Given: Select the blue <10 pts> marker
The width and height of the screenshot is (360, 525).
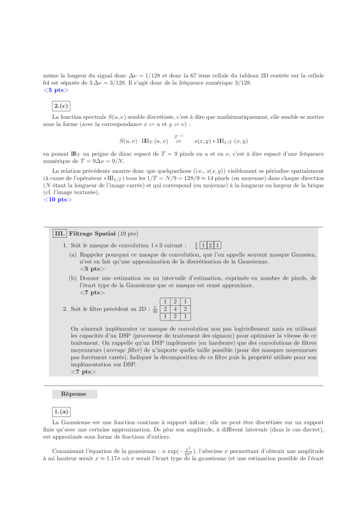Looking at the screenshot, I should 57,200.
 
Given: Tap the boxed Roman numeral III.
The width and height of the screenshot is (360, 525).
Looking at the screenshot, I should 59,234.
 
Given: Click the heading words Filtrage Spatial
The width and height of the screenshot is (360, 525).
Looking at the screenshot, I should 92,234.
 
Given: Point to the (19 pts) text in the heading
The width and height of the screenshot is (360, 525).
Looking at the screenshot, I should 128,234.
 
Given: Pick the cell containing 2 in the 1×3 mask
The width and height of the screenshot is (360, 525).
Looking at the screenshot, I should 210,246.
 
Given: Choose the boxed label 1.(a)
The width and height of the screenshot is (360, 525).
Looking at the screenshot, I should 58,412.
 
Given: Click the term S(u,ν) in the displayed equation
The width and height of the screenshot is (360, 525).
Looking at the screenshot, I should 130,141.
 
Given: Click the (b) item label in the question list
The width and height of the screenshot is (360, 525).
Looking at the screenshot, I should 73,278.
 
